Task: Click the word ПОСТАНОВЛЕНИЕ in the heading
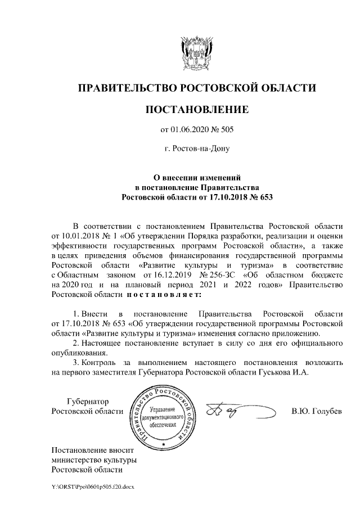[196, 109]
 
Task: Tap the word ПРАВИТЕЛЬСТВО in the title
[124, 88]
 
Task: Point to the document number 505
[225, 130]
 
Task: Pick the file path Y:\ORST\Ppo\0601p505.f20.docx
[93, 485]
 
